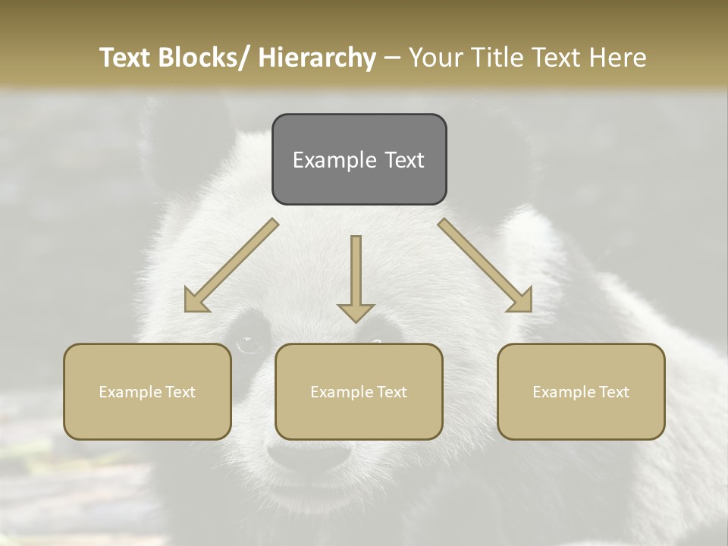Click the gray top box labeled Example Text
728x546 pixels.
point(359,159)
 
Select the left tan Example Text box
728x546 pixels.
point(147,391)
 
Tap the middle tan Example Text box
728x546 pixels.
point(359,391)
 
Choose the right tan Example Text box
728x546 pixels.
point(581,391)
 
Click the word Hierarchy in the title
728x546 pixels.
point(317,58)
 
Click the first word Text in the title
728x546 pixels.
point(127,58)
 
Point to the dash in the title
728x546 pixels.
point(392,58)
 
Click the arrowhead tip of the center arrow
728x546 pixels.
point(356,320)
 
